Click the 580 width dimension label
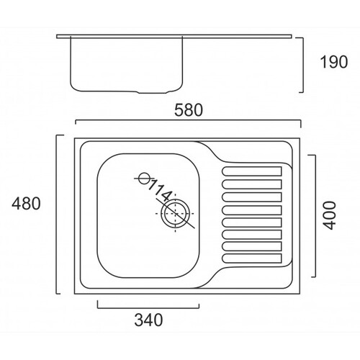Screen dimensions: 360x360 189,110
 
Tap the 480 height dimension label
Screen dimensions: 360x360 26,204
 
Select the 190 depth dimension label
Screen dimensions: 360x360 334,62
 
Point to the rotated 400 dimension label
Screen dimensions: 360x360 328,216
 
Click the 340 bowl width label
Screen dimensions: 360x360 148,320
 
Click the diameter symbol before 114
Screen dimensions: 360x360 144,179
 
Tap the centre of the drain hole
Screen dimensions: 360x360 175,214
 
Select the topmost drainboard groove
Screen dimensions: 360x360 252,171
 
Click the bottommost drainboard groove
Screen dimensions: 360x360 252,258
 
